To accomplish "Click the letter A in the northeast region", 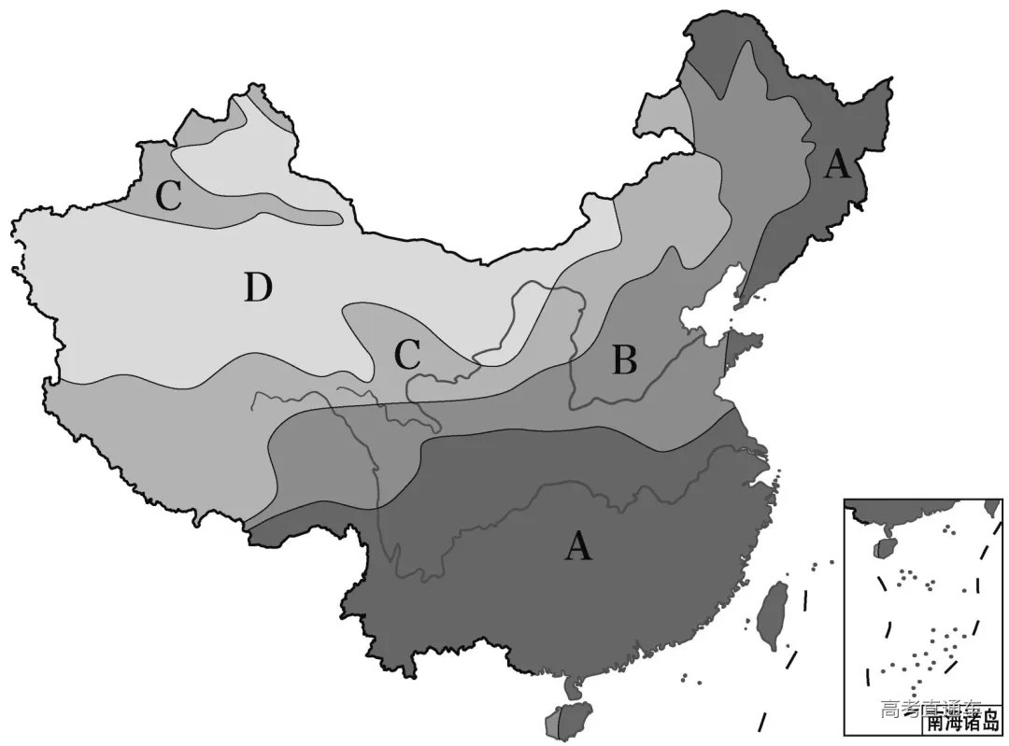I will point(836,165).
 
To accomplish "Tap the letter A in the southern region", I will point(578,544).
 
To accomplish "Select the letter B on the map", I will point(624,360).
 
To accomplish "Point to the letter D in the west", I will point(258,289).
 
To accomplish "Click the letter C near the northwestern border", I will point(168,196).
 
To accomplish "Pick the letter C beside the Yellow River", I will point(406,354).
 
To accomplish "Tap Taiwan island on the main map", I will point(773,615).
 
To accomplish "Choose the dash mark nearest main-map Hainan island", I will point(763,722).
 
